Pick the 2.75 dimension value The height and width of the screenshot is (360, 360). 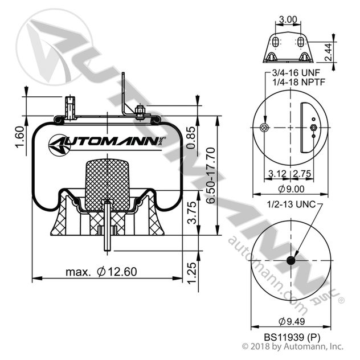coord(301,173)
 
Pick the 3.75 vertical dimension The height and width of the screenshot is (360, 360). coord(193,212)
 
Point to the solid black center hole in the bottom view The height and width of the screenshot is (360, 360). coord(291,260)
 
